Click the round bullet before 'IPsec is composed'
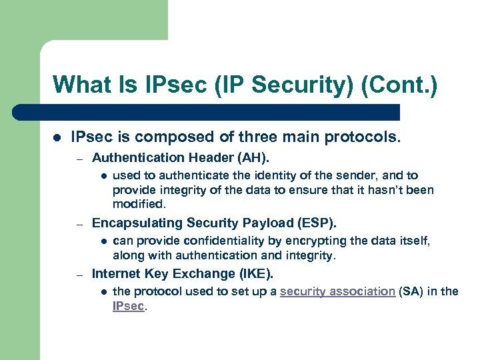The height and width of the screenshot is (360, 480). click(x=57, y=137)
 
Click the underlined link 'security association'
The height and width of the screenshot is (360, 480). click(x=337, y=292)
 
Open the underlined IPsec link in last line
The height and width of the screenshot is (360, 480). click(x=128, y=306)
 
